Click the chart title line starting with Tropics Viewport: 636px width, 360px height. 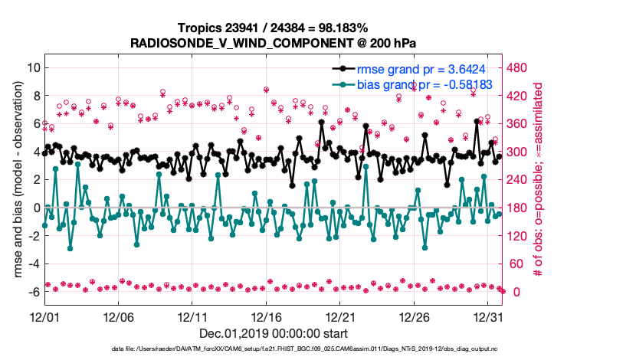(274, 27)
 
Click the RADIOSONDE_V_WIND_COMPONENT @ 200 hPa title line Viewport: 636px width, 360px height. (274, 41)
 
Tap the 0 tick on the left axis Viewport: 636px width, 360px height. (35, 208)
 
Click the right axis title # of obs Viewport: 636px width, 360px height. (539, 180)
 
